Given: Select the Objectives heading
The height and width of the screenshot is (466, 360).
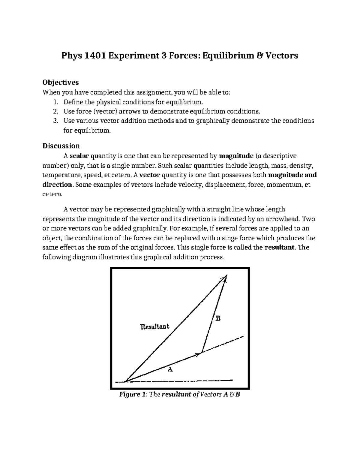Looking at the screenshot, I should click(61, 82).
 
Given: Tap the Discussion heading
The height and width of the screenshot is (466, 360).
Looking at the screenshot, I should click(61, 146).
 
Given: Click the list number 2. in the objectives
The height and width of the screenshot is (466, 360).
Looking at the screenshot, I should click(55, 111).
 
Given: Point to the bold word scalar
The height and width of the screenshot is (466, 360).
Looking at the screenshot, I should click(79, 156).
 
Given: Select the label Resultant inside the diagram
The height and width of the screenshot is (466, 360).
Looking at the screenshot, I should click(155, 326).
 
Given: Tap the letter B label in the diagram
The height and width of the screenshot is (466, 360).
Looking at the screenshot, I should click(218, 318).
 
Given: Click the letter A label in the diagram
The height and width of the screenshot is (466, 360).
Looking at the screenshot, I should click(170, 369).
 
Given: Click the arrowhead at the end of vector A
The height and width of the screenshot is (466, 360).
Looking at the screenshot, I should click(198, 354).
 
